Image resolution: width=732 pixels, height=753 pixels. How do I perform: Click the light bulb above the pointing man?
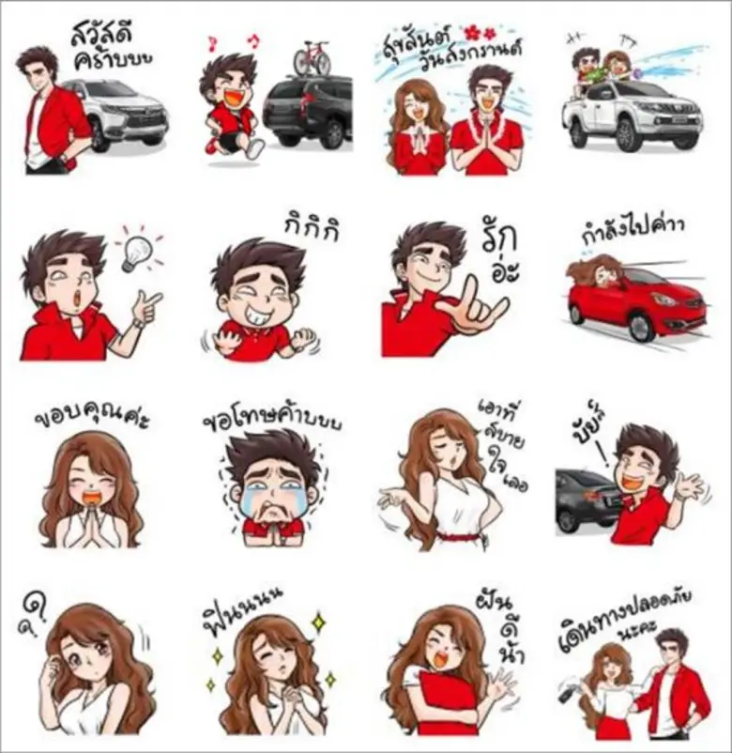137,252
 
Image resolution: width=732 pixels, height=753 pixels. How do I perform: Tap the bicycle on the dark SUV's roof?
312,57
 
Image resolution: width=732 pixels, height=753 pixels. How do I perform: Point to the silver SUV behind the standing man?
128,113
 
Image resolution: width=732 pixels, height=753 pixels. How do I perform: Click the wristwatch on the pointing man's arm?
138,324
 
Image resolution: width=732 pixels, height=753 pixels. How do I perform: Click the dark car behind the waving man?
586,498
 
